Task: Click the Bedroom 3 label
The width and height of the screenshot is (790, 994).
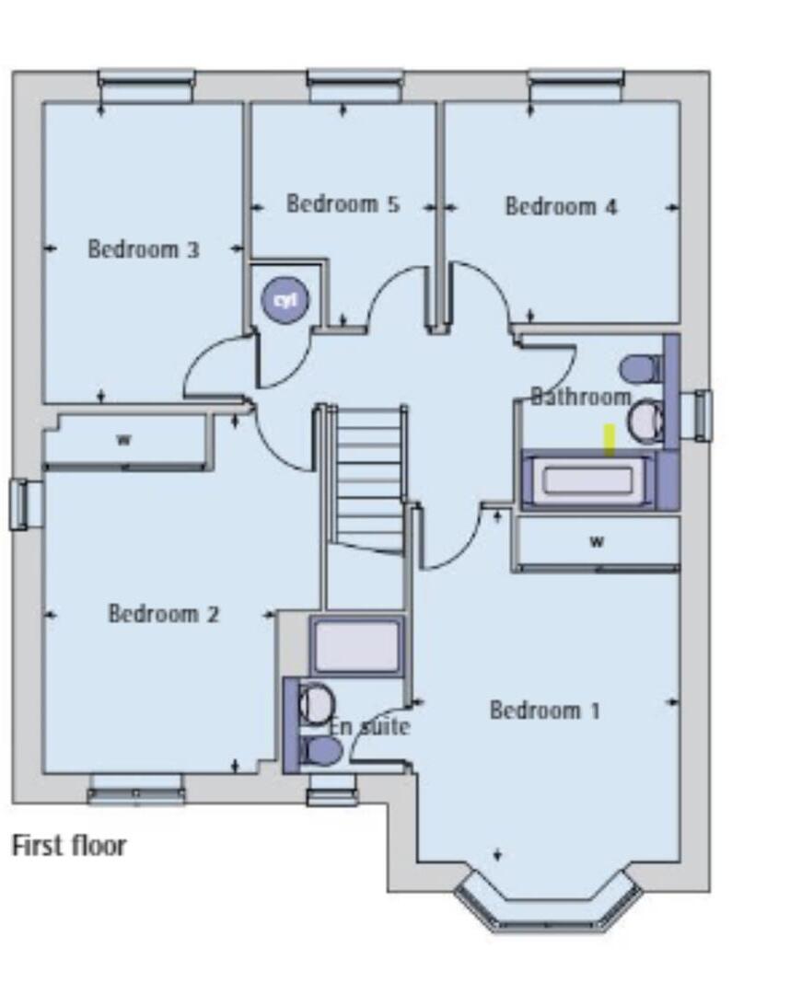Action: tap(143, 248)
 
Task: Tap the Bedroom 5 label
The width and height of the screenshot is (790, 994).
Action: tap(343, 203)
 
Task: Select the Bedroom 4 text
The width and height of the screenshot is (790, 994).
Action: tap(561, 206)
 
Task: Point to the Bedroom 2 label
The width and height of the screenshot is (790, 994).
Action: tap(163, 613)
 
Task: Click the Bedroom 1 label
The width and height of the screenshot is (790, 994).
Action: tap(544, 710)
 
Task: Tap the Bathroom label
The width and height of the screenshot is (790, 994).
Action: tap(580, 397)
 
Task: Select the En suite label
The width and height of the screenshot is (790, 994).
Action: tap(369, 726)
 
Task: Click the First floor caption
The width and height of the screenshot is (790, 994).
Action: tap(69, 845)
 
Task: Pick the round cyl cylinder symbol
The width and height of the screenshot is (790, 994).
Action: tap(285, 300)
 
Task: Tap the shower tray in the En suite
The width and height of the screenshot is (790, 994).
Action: tap(357, 645)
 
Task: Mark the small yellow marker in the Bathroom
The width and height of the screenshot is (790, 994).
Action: tap(609, 439)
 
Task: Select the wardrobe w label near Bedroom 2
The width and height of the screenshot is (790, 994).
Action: tap(123, 440)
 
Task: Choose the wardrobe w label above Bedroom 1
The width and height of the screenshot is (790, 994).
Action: tap(597, 541)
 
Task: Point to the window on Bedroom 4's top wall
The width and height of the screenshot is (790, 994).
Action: tap(575, 86)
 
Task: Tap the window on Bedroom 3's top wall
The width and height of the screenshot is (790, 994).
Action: tap(146, 86)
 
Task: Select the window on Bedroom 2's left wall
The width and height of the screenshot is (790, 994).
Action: tap(20, 504)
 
